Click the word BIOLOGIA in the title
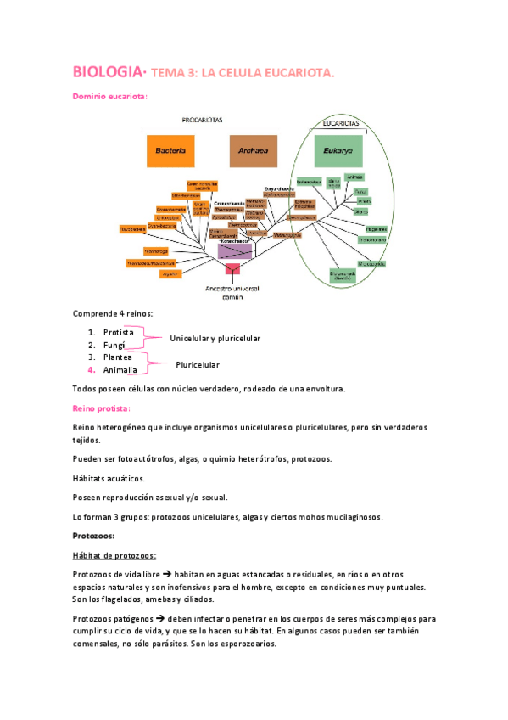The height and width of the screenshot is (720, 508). (x=105, y=72)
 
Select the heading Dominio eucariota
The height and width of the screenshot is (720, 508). (x=109, y=97)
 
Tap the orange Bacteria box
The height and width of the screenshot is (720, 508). (x=170, y=151)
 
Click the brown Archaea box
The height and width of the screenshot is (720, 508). (x=253, y=151)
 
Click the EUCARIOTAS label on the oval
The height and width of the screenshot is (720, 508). (x=337, y=123)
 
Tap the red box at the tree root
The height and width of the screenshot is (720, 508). (x=233, y=270)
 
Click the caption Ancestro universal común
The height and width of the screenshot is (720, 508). (x=233, y=293)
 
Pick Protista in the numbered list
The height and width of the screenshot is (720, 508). (x=118, y=332)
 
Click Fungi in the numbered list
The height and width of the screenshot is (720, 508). (x=114, y=345)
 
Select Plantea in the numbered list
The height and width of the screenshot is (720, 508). (x=117, y=357)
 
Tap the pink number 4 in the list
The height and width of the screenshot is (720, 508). (x=91, y=370)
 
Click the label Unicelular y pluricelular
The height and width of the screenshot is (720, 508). (x=215, y=339)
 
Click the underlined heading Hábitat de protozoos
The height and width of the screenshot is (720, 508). (x=114, y=555)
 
